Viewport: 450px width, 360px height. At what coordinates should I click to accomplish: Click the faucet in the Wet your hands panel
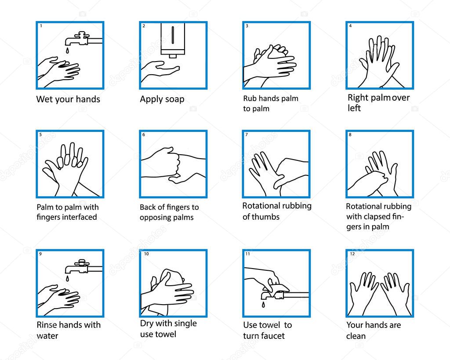[81, 39]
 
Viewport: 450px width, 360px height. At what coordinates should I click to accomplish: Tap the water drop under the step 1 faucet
[67, 51]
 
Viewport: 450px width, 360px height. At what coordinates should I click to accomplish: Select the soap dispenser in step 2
[173, 40]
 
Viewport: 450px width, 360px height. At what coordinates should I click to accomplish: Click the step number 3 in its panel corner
[247, 26]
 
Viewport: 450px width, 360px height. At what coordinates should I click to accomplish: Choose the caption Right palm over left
[378, 102]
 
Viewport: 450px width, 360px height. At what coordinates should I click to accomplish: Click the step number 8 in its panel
[350, 135]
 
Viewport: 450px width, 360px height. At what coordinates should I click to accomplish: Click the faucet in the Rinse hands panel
[81, 266]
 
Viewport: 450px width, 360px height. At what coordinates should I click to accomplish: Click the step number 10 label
[146, 254]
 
